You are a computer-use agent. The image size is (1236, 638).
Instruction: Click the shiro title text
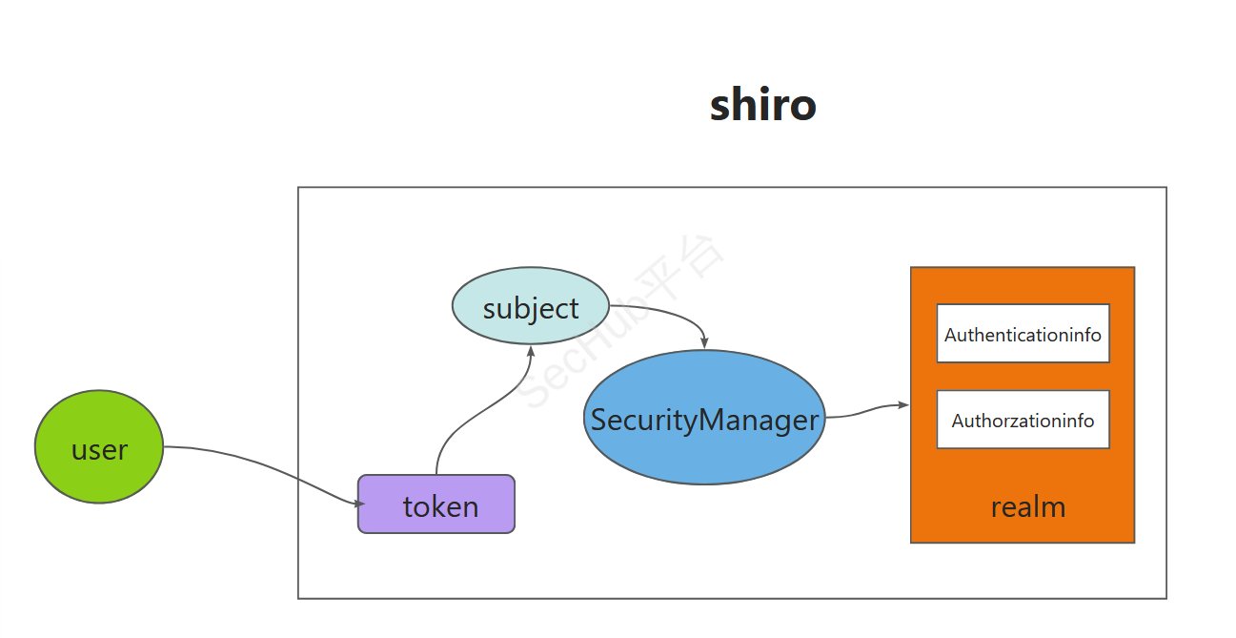pyautogui.click(x=762, y=105)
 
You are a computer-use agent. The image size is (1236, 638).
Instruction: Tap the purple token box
pyautogui.click(x=436, y=504)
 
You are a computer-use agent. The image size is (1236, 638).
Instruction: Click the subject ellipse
pyautogui.click(x=530, y=305)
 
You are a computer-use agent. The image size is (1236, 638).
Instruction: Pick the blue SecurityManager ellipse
pyautogui.click(x=704, y=418)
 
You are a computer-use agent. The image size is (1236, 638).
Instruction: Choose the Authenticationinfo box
pyautogui.click(x=1023, y=334)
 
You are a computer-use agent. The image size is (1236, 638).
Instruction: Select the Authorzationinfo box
pyautogui.click(x=1023, y=420)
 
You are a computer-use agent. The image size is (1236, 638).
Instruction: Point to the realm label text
pyautogui.click(x=1028, y=506)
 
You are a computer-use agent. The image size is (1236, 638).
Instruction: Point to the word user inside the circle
pyautogui.click(x=99, y=450)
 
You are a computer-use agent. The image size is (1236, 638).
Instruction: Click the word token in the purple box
pyautogui.click(x=440, y=506)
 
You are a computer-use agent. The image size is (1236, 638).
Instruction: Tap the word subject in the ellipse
pyautogui.click(x=531, y=308)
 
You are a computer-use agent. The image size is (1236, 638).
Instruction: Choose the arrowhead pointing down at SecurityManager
pyautogui.click(x=704, y=342)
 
